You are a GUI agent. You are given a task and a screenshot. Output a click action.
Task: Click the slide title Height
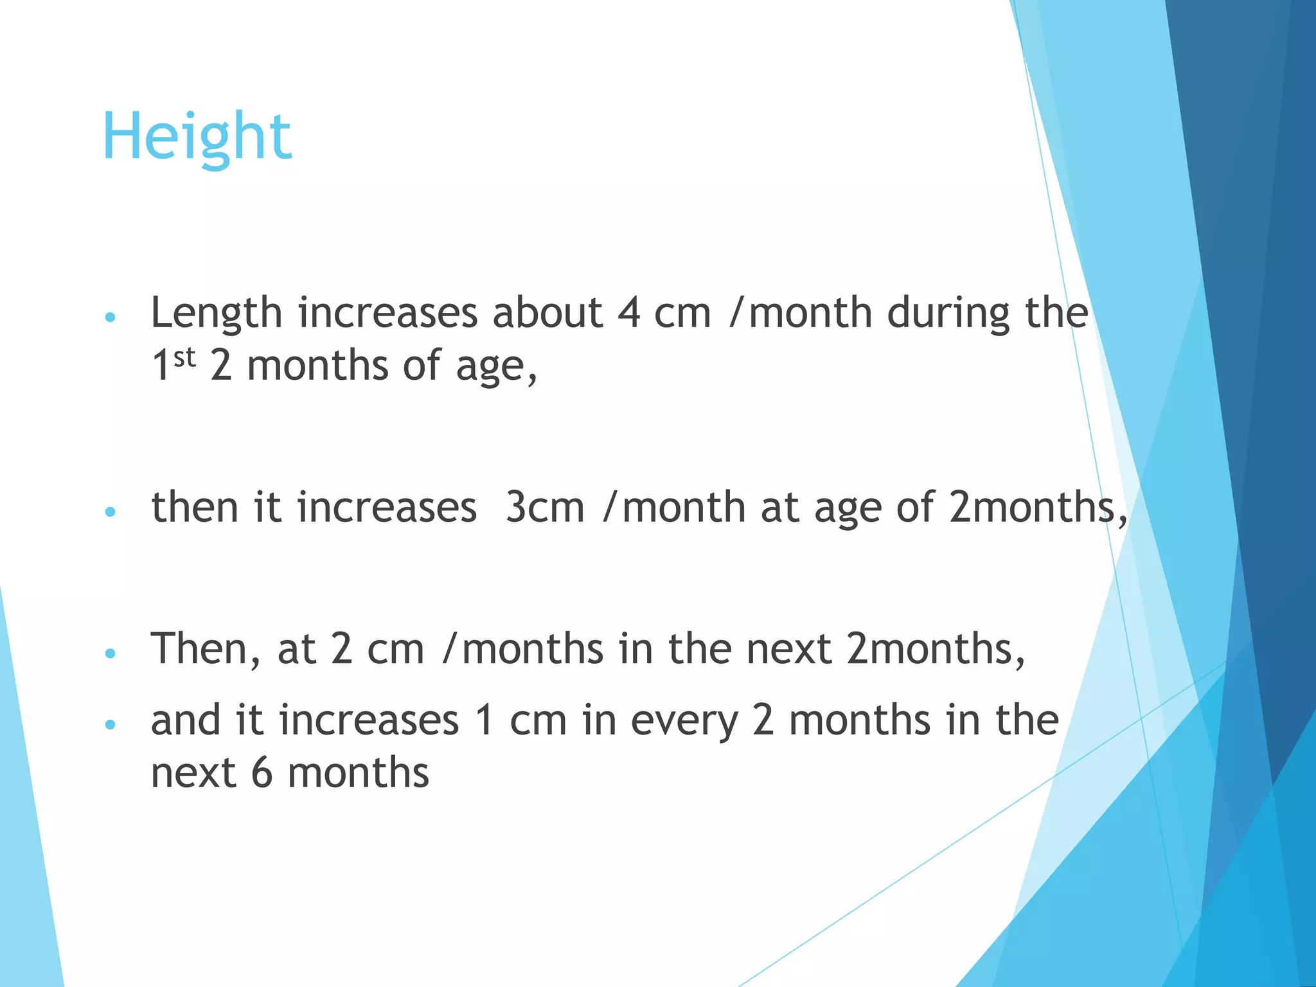tap(197, 136)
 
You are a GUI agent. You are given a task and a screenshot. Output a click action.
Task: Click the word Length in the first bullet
tap(216, 314)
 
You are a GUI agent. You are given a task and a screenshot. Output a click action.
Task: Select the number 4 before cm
tap(629, 314)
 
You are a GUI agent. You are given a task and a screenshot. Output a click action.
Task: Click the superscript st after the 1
tap(184, 357)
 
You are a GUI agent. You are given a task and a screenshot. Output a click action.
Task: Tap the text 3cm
tap(545, 508)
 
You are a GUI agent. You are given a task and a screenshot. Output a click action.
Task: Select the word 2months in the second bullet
tap(1033, 508)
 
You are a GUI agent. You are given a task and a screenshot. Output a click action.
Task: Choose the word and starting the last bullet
tap(186, 720)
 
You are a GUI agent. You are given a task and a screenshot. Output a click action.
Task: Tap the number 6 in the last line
tap(262, 773)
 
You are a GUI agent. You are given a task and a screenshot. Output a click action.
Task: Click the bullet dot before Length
tap(110, 317)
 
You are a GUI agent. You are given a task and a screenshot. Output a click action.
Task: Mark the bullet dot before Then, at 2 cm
tap(110, 654)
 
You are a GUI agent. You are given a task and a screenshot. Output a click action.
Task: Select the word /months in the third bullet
tap(523, 649)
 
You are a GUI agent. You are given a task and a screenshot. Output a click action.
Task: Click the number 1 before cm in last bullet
tap(484, 720)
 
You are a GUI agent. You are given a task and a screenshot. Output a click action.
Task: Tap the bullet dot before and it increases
tap(110, 725)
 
